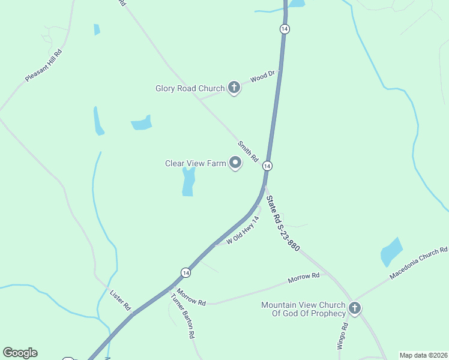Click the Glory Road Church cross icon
click(x=234, y=88)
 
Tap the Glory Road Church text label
click(x=190, y=89)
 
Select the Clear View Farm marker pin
click(x=235, y=163)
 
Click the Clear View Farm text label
click(x=195, y=163)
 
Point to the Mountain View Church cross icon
click(x=355, y=308)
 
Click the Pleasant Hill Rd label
click(x=44, y=65)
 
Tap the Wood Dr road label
click(x=262, y=76)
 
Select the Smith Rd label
click(x=247, y=151)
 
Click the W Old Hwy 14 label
click(x=243, y=230)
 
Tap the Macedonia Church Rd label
click(x=418, y=263)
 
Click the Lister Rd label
click(x=121, y=300)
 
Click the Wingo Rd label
click(x=342, y=336)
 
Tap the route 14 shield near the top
click(x=285, y=29)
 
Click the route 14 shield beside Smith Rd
click(x=267, y=166)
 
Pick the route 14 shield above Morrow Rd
click(x=185, y=272)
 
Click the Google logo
click(x=20, y=353)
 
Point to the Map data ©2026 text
click(x=423, y=355)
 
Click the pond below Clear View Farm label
click(x=188, y=181)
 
